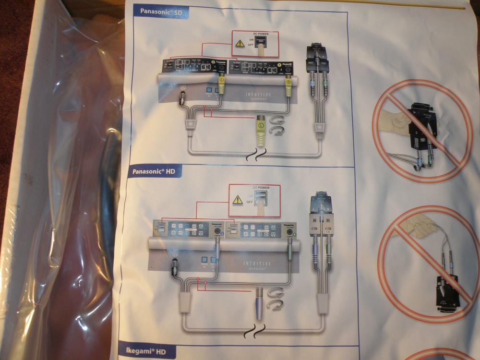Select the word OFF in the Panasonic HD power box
click(250, 203)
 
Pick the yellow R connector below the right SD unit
click(288, 86)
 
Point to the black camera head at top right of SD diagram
click(317, 55)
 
